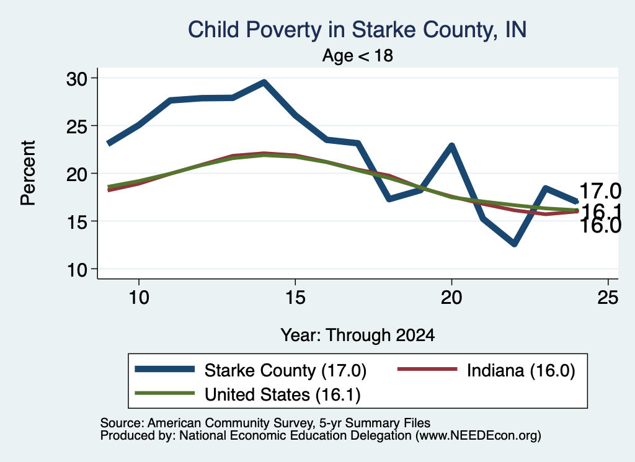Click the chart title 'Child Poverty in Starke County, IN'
point(357,30)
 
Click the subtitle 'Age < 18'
point(358,55)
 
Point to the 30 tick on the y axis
point(77,79)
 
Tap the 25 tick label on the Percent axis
point(77,127)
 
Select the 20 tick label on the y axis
point(77,174)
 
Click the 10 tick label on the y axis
point(77,270)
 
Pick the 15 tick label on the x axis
point(295,298)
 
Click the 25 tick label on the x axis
point(608,298)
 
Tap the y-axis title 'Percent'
point(28,173)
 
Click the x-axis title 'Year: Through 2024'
point(358,335)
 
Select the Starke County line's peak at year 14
point(264,83)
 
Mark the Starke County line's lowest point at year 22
point(514,244)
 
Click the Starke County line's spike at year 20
point(451,146)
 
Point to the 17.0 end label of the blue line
point(600,191)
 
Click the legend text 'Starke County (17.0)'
point(285,370)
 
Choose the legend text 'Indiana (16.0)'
point(521,370)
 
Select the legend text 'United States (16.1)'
point(283,395)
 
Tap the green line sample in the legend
point(164,393)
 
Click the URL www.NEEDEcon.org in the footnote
point(478,436)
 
